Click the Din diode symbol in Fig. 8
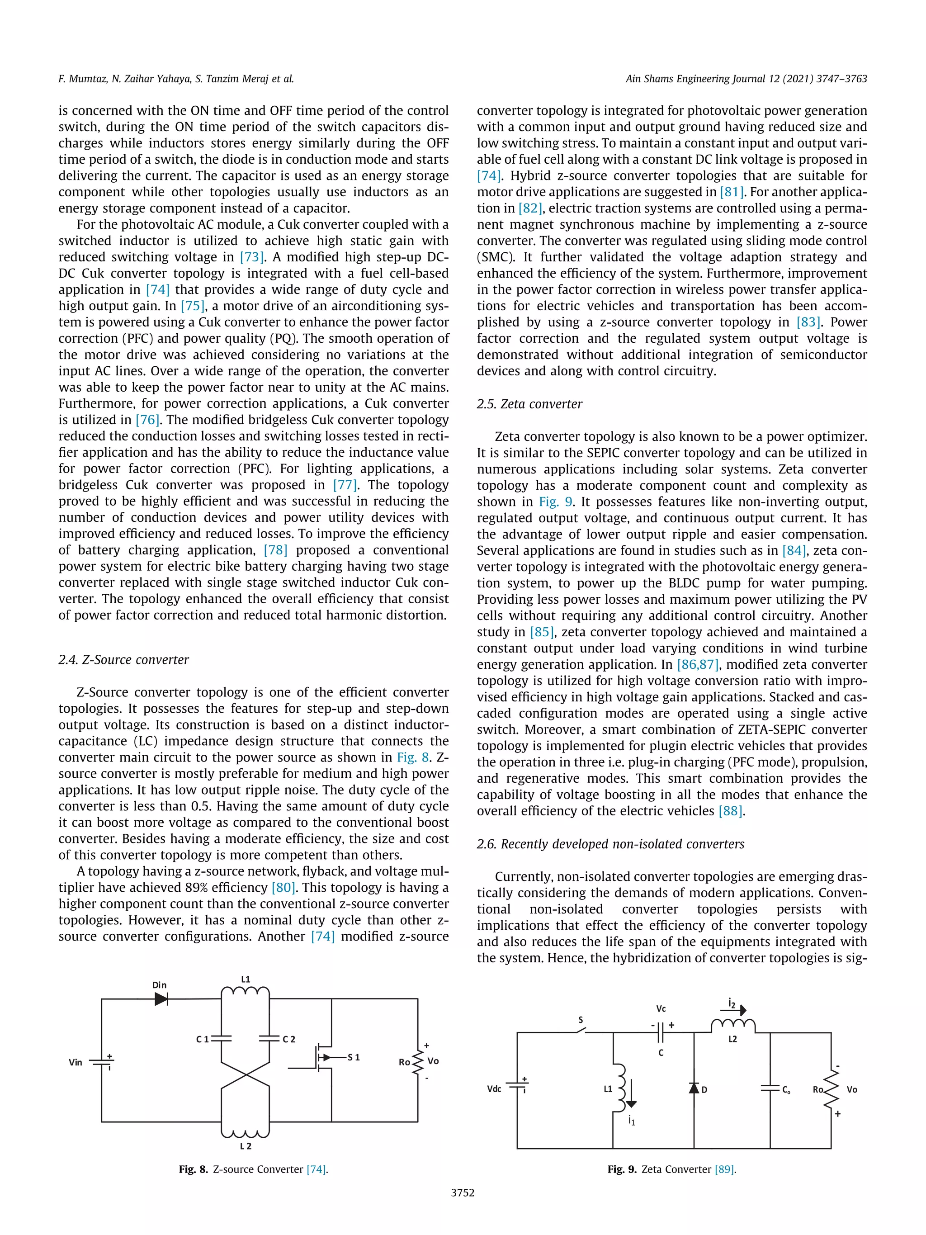(161, 999)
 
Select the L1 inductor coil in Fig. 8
(245, 992)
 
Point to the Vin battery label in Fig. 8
(76, 1062)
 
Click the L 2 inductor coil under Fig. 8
(246, 1132)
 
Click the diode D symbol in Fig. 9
(694, 1088)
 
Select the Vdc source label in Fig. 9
(494, 1089)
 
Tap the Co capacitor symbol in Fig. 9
(770, 1088)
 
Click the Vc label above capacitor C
(661, 1009)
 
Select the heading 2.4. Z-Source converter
(123, 660)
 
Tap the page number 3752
(463, 1193)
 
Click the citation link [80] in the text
(283, 888)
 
